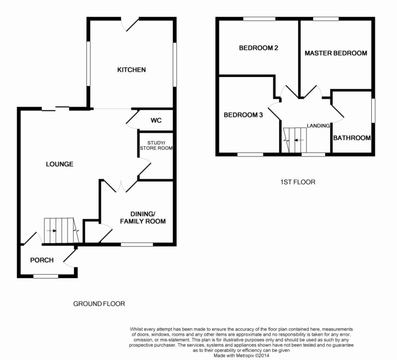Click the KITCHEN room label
(x=131, y=70)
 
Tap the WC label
(x=156, y=120)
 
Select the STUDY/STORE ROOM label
(x=156, y=145)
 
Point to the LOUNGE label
(x=60, y=164)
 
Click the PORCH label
(x=42, y=260)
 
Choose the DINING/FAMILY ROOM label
(x=143, y=217)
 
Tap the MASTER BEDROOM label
(x=336, y=53)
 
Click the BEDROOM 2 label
(x=259, y=48)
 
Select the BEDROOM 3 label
(x=243, y=115)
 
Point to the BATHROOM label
(x=352, y=138)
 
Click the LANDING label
(x=318, y=126)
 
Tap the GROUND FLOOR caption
(x=99, y=304)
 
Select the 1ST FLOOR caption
(x=298, y=182)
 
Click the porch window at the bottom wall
(x=46, y=276)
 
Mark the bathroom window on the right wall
(x=373, y=111)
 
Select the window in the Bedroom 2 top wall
(x=259, y=19)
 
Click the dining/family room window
(x=137, y=244)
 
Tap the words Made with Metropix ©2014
(x=241, y=355)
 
